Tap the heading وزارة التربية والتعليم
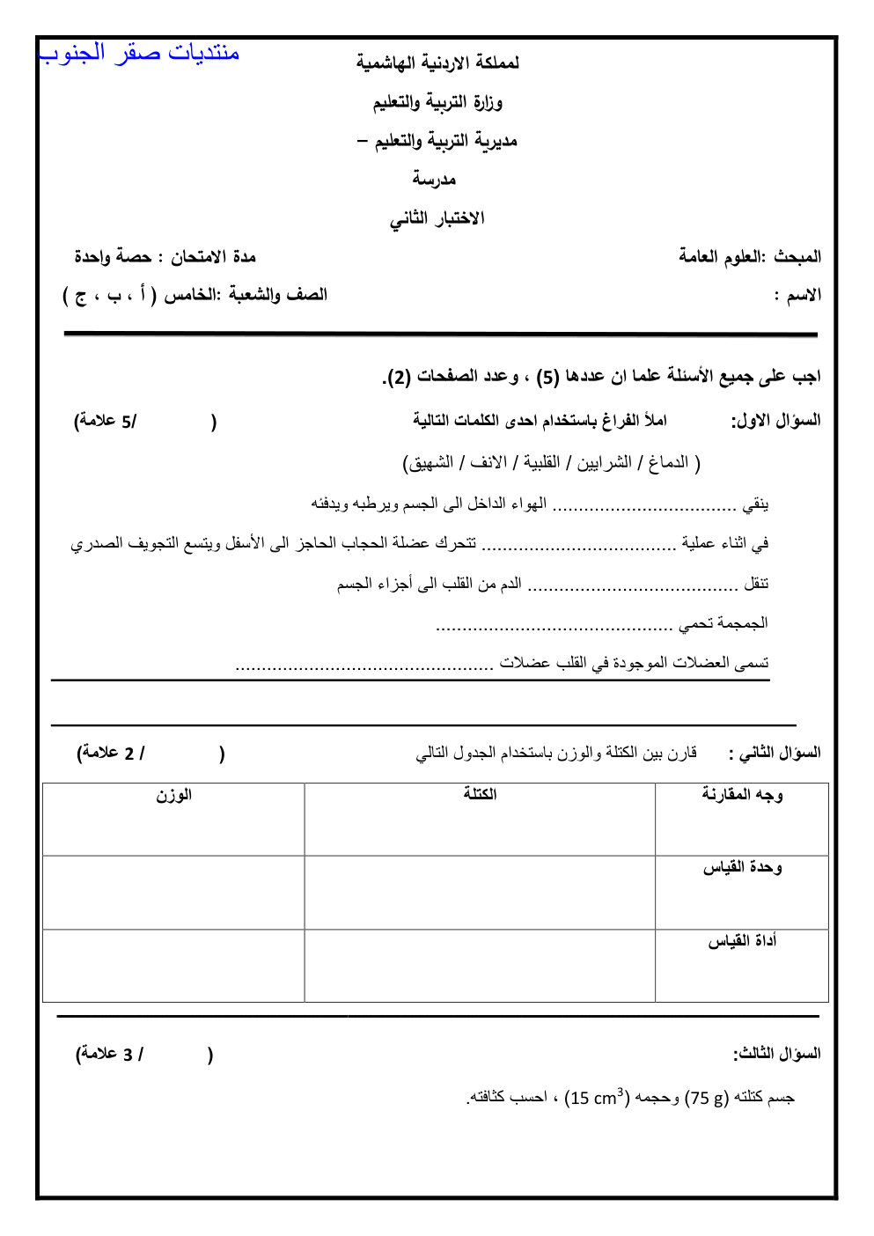coord(437,102)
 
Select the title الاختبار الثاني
coord(437,218)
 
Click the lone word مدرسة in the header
coord(434,180)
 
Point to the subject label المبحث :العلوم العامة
coord(750,257)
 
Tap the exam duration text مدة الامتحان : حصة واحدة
coord(165,257)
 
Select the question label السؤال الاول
coord(776,421)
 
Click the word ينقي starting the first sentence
coord(755,504)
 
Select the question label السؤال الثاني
coord(775,754)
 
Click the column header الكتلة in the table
coord(480,794)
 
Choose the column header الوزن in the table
coord(173,795)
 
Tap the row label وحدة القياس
coord(742,868)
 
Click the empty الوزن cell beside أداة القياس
coord(173,966)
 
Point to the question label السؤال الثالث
coord(776,1054)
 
